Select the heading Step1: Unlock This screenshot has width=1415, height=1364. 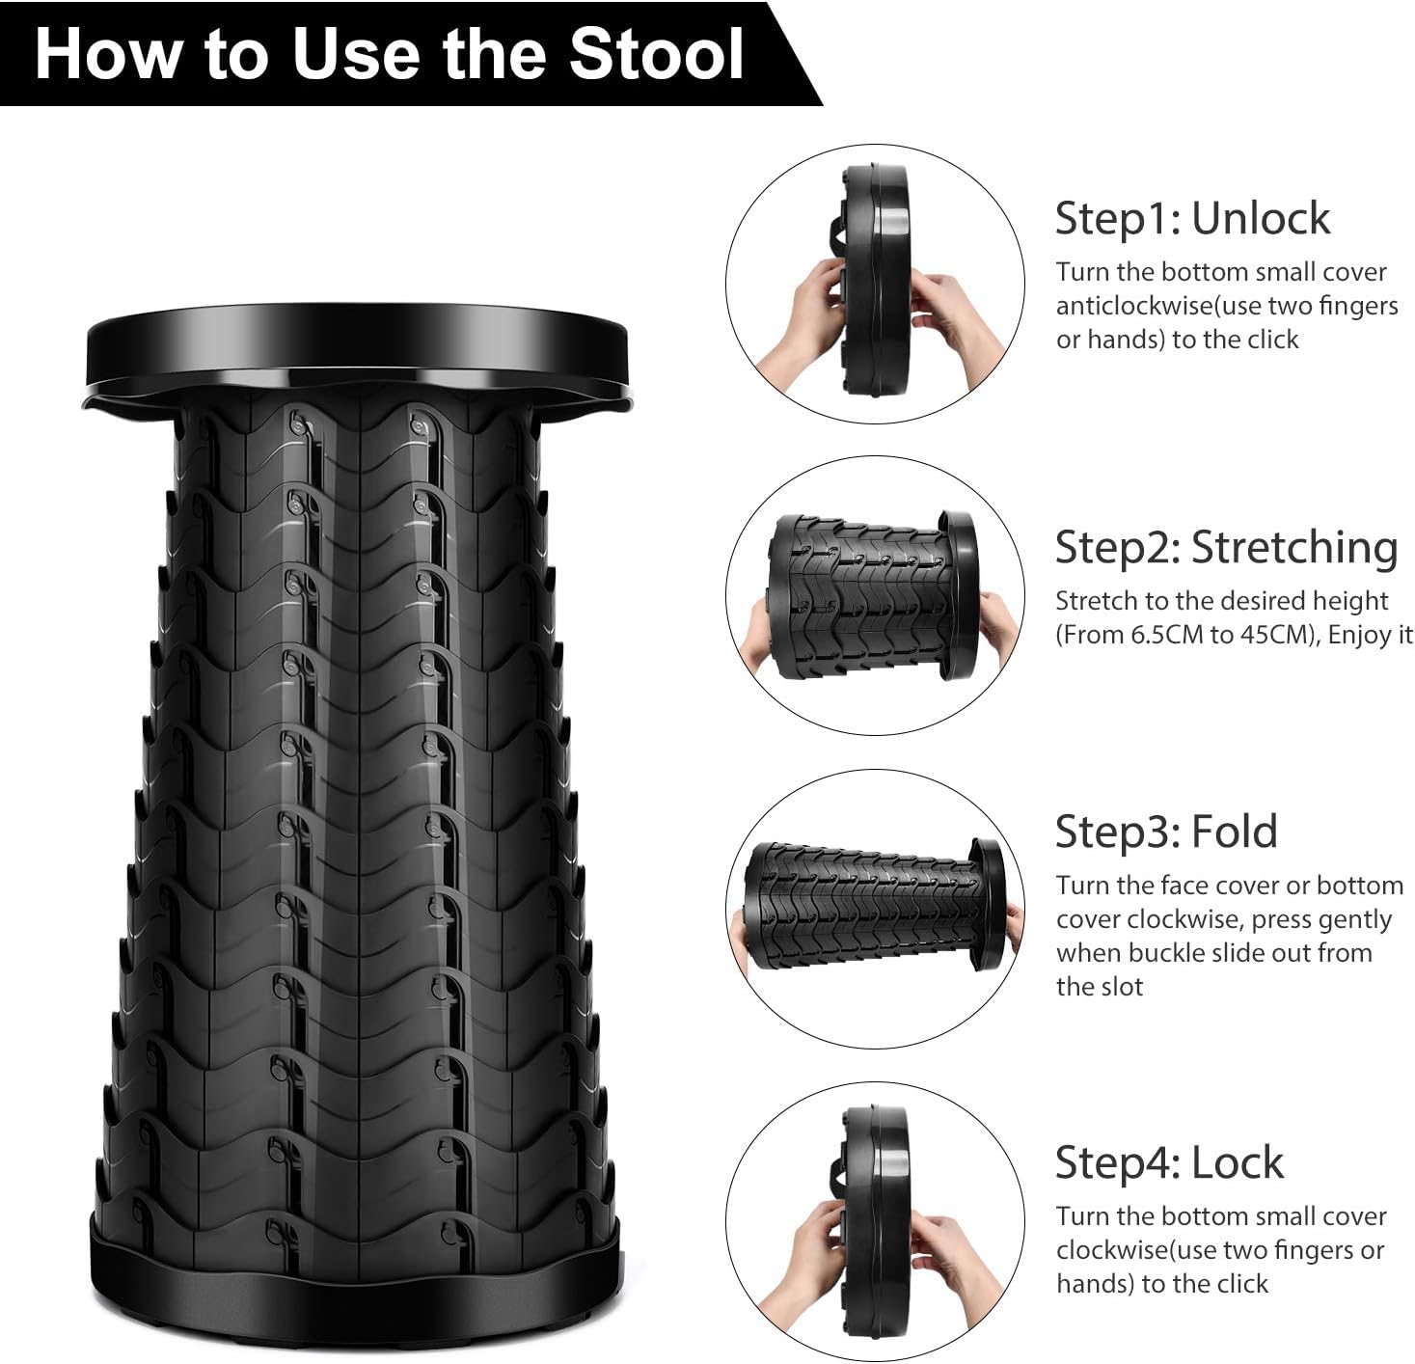pos(1191,218)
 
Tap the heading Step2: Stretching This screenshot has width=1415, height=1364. pos(1225,547)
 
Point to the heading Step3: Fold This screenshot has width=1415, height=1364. pos(1165,832)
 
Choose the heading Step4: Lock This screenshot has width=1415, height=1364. pos(1168,1162)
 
